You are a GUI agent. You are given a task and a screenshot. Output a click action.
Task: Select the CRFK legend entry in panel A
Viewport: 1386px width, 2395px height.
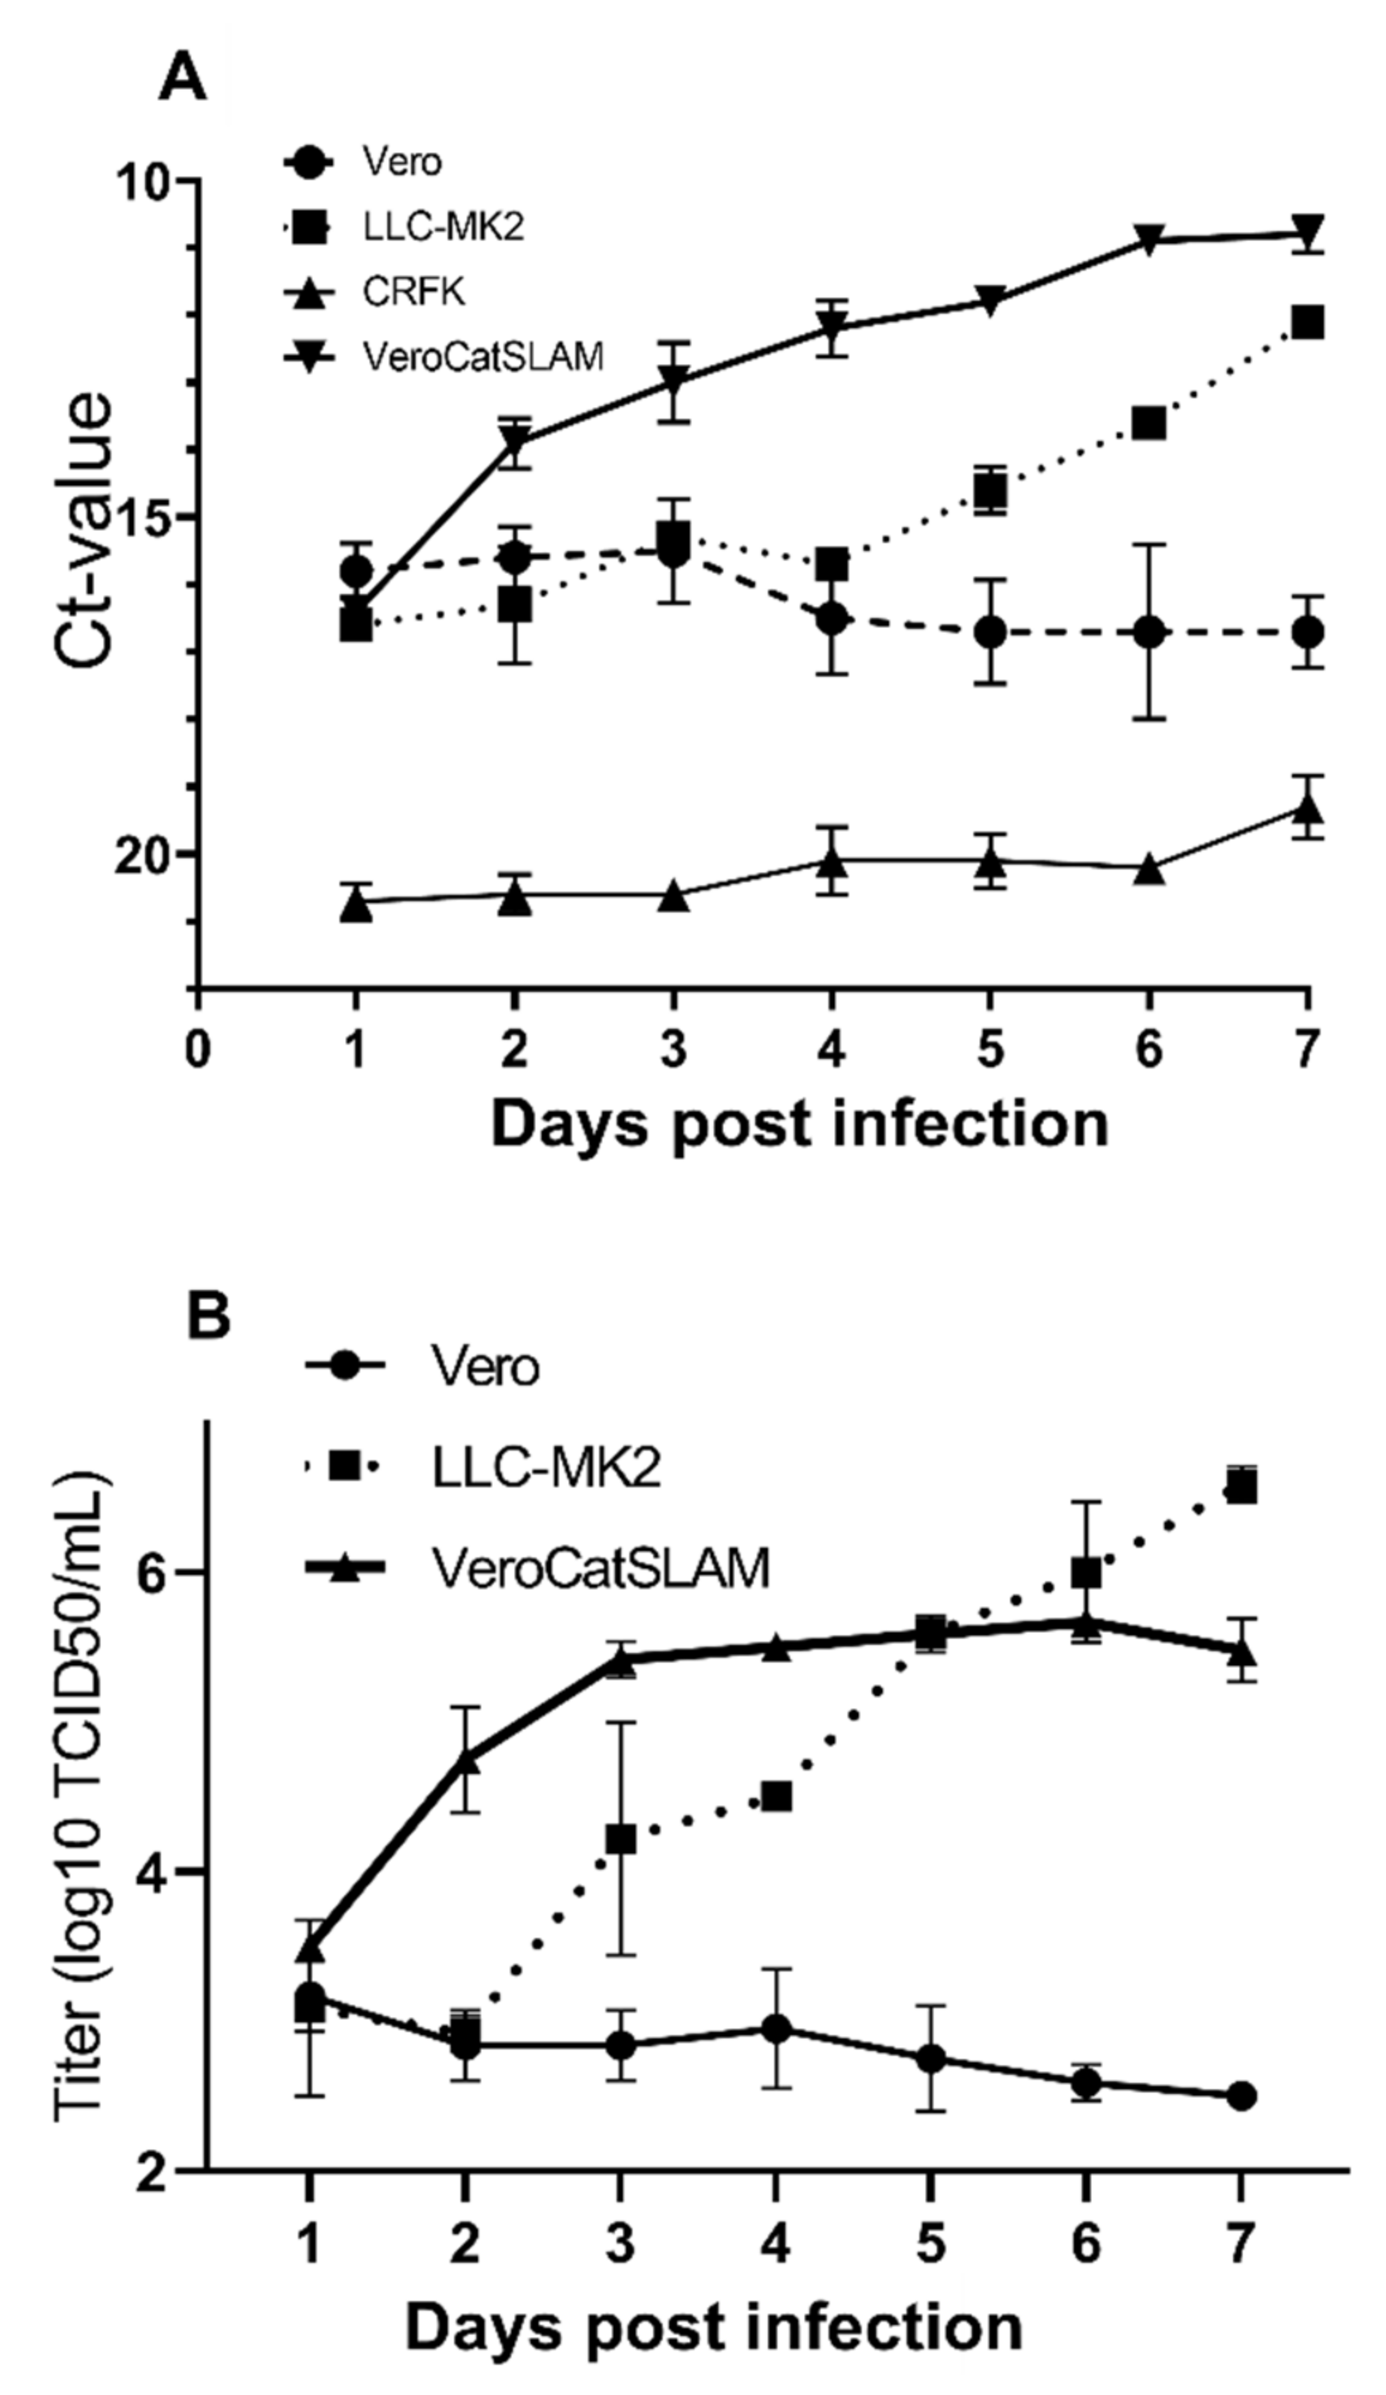(413, 291)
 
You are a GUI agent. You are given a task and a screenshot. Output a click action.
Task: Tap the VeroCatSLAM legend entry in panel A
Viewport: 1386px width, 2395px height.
(482, 357)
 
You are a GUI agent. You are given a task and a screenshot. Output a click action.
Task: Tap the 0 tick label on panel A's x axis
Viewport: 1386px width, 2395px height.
(198, 1049)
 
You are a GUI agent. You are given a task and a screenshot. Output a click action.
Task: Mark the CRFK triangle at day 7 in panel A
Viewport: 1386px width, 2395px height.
(1308, 809)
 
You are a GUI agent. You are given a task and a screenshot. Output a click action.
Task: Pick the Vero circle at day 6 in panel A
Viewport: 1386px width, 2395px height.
(1149, 632)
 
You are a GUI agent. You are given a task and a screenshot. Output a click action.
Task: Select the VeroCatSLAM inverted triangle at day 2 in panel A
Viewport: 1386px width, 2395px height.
(515, 441)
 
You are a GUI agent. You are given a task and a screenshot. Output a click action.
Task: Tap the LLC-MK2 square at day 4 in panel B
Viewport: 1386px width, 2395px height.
(776, 1797)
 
